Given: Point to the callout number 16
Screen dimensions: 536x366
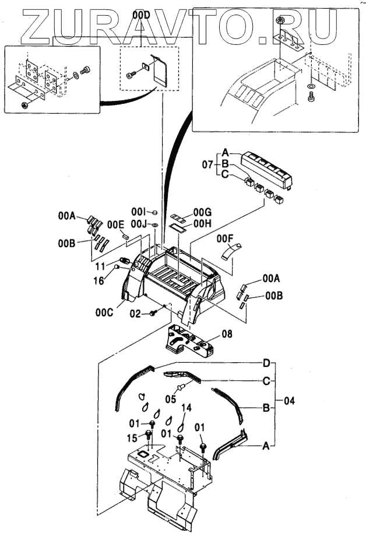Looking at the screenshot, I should (100, 281).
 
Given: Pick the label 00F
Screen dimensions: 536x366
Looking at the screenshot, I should (224, 238).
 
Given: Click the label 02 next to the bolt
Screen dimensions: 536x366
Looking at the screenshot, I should (136, 314).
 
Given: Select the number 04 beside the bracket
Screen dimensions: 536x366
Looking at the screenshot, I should (290, 401).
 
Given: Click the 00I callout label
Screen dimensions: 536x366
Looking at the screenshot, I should (138, 211).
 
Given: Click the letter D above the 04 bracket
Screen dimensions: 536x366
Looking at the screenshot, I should (266, 364).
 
